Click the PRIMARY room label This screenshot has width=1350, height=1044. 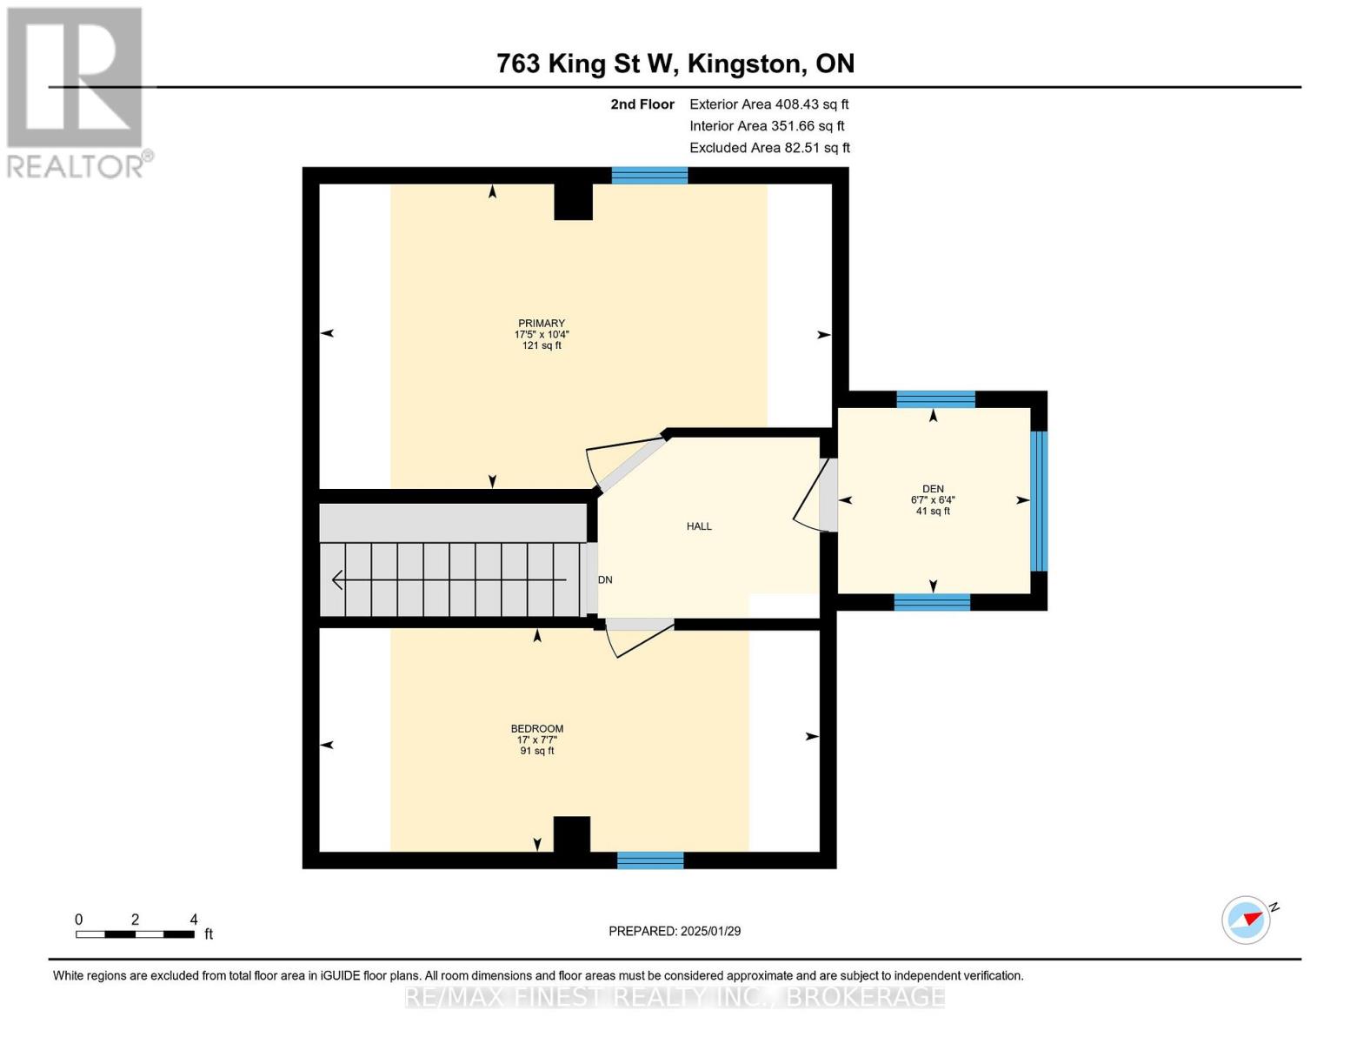click(542, 324)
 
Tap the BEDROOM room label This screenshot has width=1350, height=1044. click(536, 729)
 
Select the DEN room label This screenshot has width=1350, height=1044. click(933, 489)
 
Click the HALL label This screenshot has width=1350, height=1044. click(699, 526)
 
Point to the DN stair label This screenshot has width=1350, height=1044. click(605, 580)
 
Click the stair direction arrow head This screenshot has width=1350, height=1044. click(338, 579)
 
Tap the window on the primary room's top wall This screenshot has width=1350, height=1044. click(649, 176)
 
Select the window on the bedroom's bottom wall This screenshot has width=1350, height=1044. click(650, 860)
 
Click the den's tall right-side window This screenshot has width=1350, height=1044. click(1039, 501)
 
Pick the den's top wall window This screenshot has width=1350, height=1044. click(935, 399)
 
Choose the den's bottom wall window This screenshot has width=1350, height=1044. click(932, 602)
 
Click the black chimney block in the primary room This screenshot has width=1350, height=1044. click(573, 202)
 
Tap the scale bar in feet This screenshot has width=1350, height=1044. click(135, 934)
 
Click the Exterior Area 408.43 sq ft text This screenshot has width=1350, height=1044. click(768, 104)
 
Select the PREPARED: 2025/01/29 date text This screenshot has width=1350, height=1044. click(675, 931)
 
